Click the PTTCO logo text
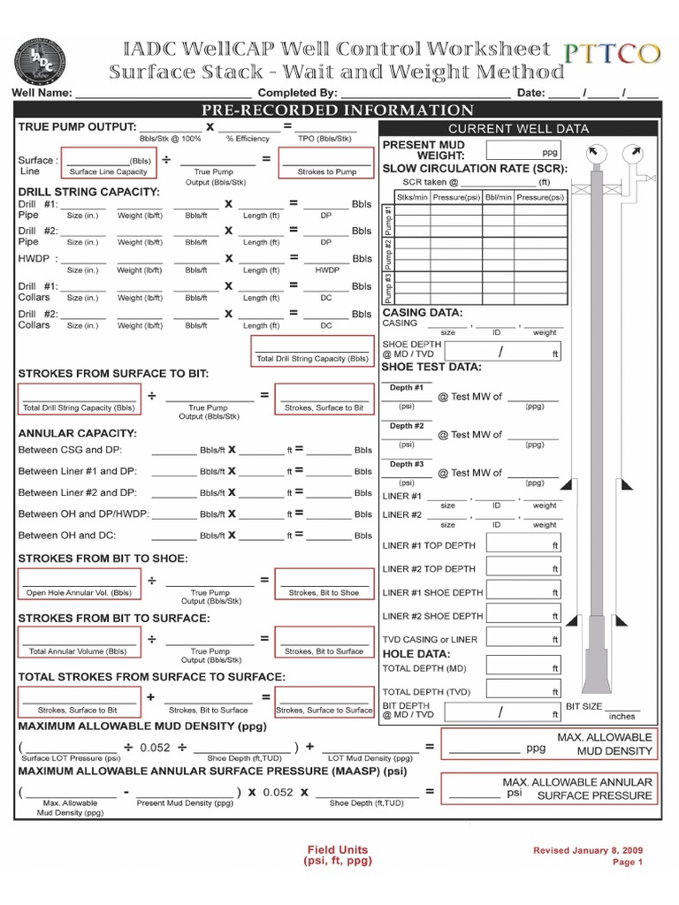612,54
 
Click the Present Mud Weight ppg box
524,149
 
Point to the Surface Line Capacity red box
108,164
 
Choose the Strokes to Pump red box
326,164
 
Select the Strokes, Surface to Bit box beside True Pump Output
324,399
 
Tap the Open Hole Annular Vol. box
79,583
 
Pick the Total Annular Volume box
79,642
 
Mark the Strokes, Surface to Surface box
324,700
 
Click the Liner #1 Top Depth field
523,544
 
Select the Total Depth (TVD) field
523,690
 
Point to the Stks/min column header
411,197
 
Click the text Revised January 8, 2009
588,850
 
